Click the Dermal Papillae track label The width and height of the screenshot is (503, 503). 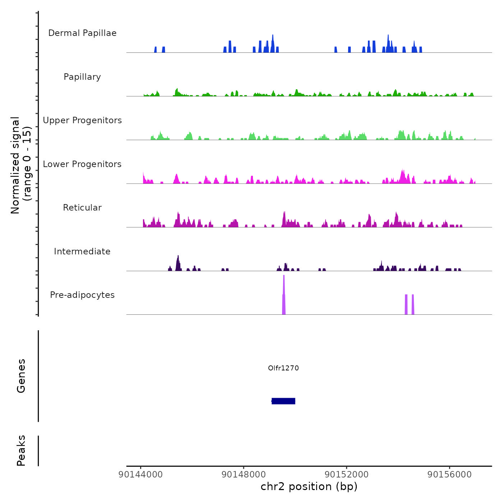pyautogui.click(x=82, y=33)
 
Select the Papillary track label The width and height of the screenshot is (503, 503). pyautogui.click(x=82, y=77)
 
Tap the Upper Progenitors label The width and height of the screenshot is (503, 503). pyautogui.click(x=82, y=120)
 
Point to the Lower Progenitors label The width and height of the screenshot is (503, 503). pyautogui.click(x=82, y=164)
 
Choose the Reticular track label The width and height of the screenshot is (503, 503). pyautogui.click(x=82, y=208)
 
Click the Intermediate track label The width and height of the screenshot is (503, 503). pyautogui.click(x=82, y=251)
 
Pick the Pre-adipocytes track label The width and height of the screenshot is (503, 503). pyautogui.click(x=82, y=295)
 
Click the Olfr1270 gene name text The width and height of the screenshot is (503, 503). pyautogui.click(x=283, y=368)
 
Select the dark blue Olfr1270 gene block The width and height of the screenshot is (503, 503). pyautogui.click(x=283, y=401)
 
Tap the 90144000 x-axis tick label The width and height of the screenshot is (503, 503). pyautogui.click(x=140, y=474)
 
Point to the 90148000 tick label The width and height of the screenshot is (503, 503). pyautogui.click(x=244, y=474)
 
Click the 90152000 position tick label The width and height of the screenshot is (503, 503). pyautogui.click(x=346, y=474)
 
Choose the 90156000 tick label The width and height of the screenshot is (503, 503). pyautogui.click(x=449, y=474)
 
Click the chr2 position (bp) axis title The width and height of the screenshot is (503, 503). pyautogui.click(x=309, y=486)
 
